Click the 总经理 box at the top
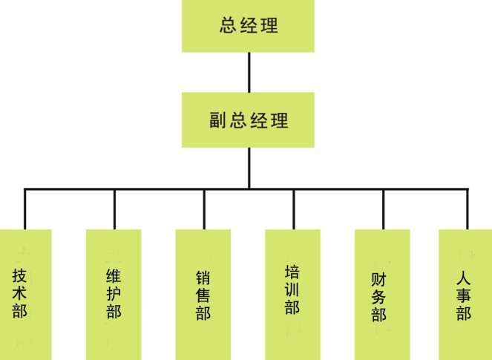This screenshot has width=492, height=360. coord(249,26)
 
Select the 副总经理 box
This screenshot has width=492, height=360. coord(249,120)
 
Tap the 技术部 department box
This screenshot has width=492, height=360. coord(24,294)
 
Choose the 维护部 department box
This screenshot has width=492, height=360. coord(114,294)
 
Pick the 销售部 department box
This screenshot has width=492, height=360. coord(203,294)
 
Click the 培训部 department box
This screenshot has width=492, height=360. coord(292,294)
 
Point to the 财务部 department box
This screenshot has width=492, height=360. coord(381,294)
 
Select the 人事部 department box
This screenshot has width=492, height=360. coord(465,294)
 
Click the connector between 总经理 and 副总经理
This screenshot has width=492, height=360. coord(249,72)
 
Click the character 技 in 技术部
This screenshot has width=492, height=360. coord(20,275)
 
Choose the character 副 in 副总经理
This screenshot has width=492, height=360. coord(217,120)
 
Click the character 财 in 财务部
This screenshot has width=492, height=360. coord(378,281)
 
